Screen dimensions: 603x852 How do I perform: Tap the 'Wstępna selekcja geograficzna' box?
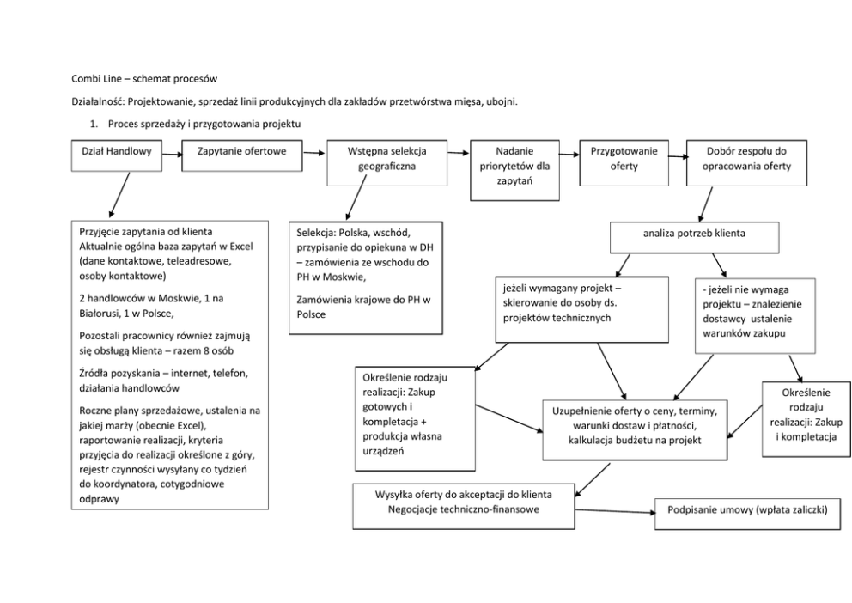coord(386,162)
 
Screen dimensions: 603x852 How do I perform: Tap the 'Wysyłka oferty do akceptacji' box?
coord(464,506)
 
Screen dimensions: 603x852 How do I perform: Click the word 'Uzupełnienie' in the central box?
coord(587,411)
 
